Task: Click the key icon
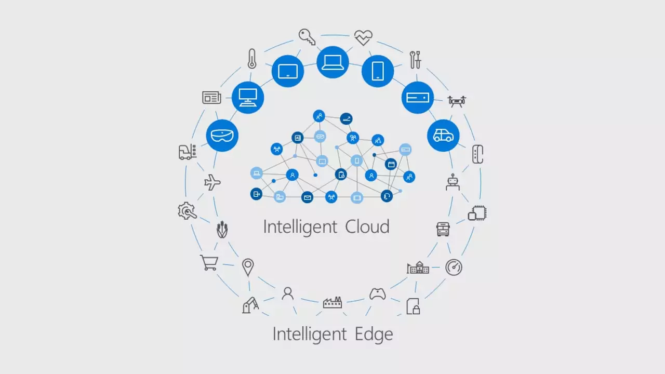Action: coord(307,37)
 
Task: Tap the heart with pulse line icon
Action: coord(363,37)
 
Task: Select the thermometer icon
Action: coord(252,59)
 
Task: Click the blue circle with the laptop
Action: coord(332,62)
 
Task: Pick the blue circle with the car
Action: coord(443,136)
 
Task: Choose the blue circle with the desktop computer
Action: coord(247,97)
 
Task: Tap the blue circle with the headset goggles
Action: coord(222,136)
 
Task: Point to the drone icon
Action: coord(457,100)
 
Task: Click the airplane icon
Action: coord(212,182)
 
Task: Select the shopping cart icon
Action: coord(208,263)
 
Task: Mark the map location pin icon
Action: coord(248,268)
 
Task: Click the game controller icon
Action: coord(378,294)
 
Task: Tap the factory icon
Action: coord(332,302)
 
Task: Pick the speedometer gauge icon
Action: coord(454,268)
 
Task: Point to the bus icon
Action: coord(443,229)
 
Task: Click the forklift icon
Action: coord(187,152)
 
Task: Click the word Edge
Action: coord(374,334)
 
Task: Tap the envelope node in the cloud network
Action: coord(308,197)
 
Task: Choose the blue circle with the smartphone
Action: coord(378,71)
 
